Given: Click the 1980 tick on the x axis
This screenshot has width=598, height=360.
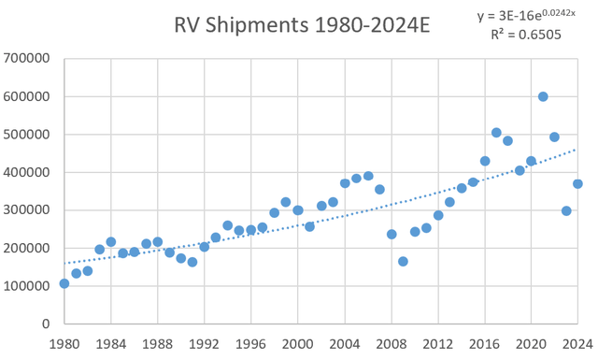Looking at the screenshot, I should point(64,343).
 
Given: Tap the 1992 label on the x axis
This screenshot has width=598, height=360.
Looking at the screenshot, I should point(204,343).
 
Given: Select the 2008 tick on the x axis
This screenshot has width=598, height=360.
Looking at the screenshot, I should point(391,343).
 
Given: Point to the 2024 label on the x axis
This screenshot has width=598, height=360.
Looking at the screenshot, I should point(577,343).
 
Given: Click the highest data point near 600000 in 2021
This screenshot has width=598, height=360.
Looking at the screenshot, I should point(543,96).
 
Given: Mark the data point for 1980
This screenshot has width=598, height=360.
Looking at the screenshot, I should point(64,283).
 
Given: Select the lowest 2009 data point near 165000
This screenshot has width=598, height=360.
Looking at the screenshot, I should point(403,261).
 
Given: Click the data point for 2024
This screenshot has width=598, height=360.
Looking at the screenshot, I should point(577,183).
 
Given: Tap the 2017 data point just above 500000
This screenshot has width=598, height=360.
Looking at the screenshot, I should point(496,133).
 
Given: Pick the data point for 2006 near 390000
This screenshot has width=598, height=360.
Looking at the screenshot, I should point(368,176).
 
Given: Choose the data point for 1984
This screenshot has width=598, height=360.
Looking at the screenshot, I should point(111,241).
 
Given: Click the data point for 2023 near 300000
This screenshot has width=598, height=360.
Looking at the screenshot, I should point(566,210).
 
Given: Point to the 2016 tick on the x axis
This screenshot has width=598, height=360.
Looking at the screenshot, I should point(484,343).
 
